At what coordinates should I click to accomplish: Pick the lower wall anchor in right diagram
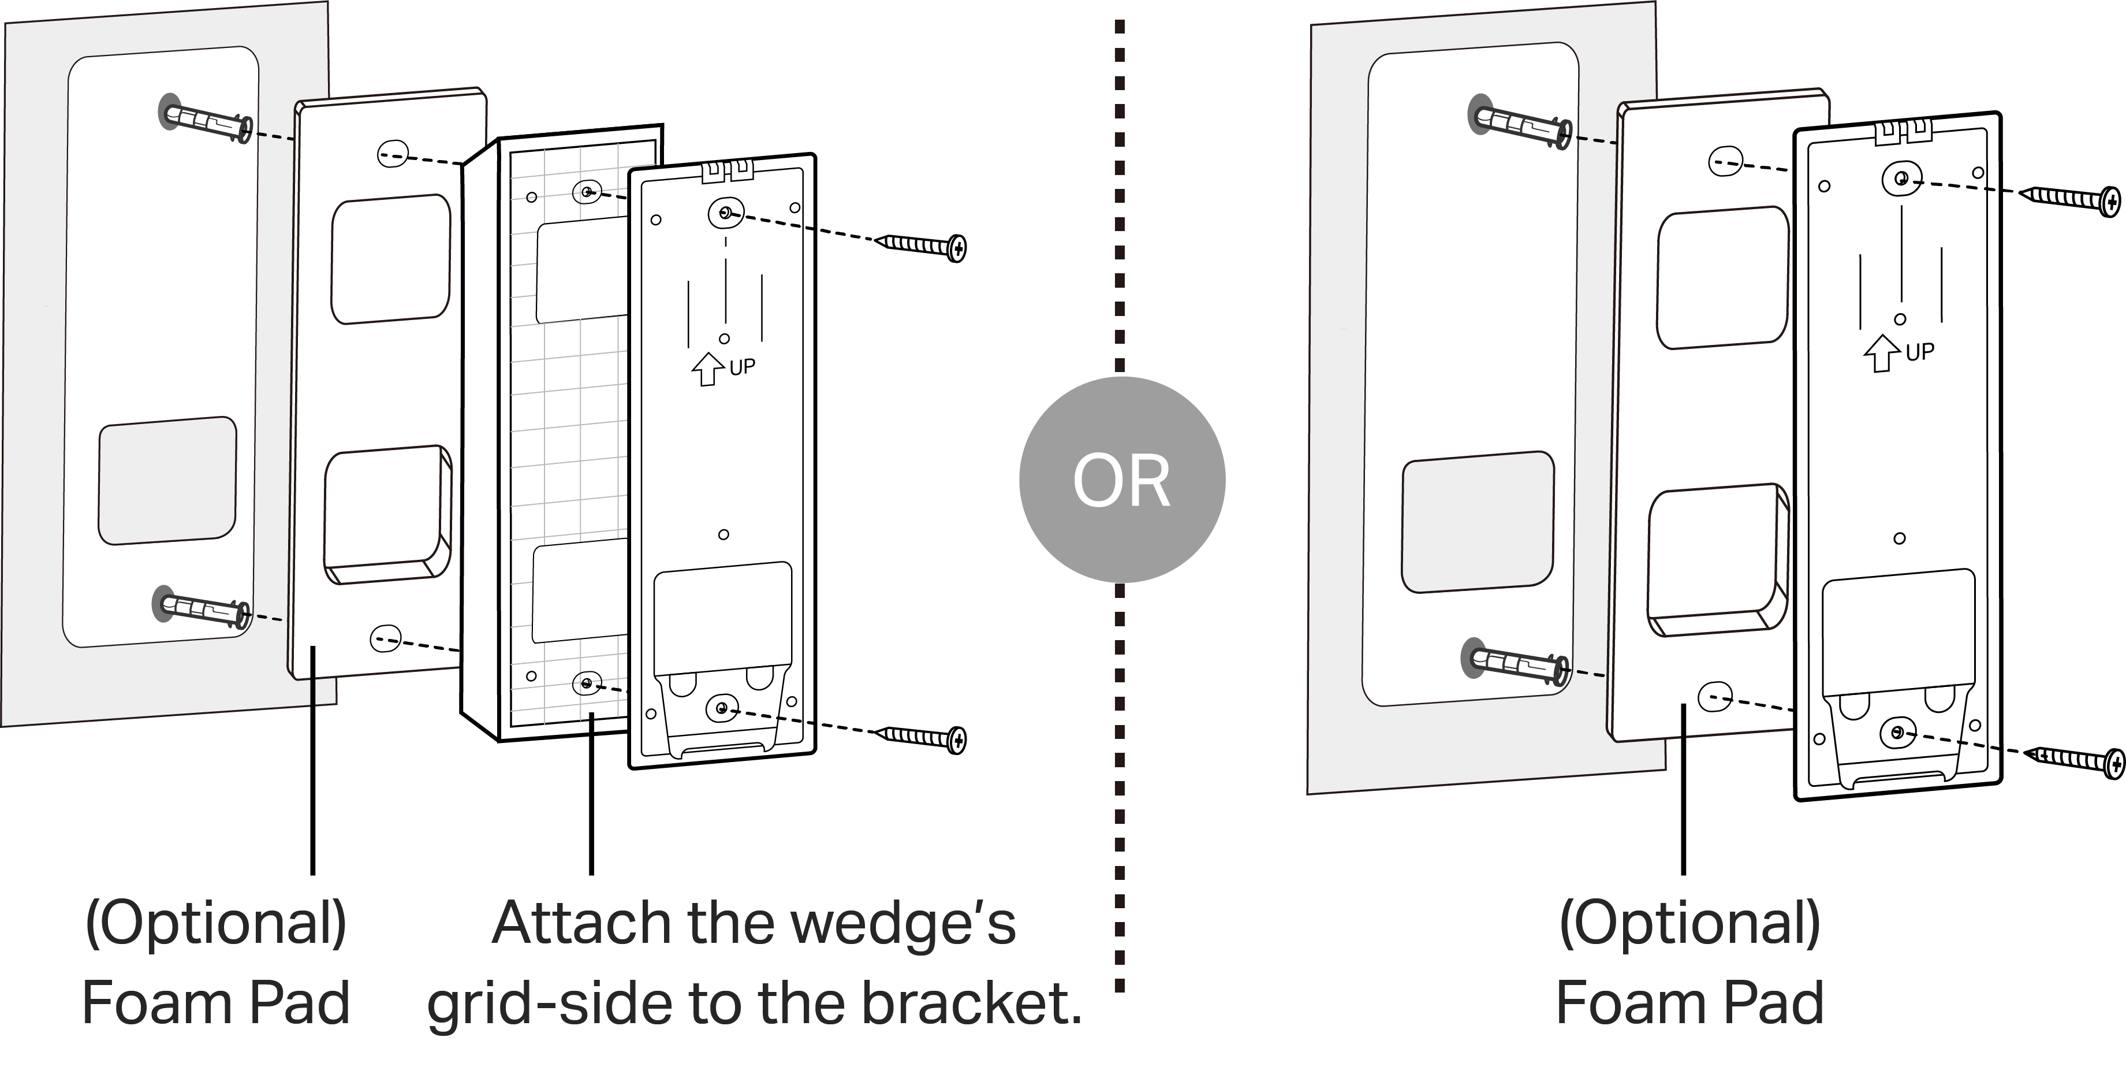[x=1517, y=663]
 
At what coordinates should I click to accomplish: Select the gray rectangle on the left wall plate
[x=167, y=481]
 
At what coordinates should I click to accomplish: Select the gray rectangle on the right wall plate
[x=1478, y=522]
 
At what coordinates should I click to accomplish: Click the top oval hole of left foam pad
[x=392, y=154]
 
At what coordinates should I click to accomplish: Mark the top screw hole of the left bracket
[x=725, y=214]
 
